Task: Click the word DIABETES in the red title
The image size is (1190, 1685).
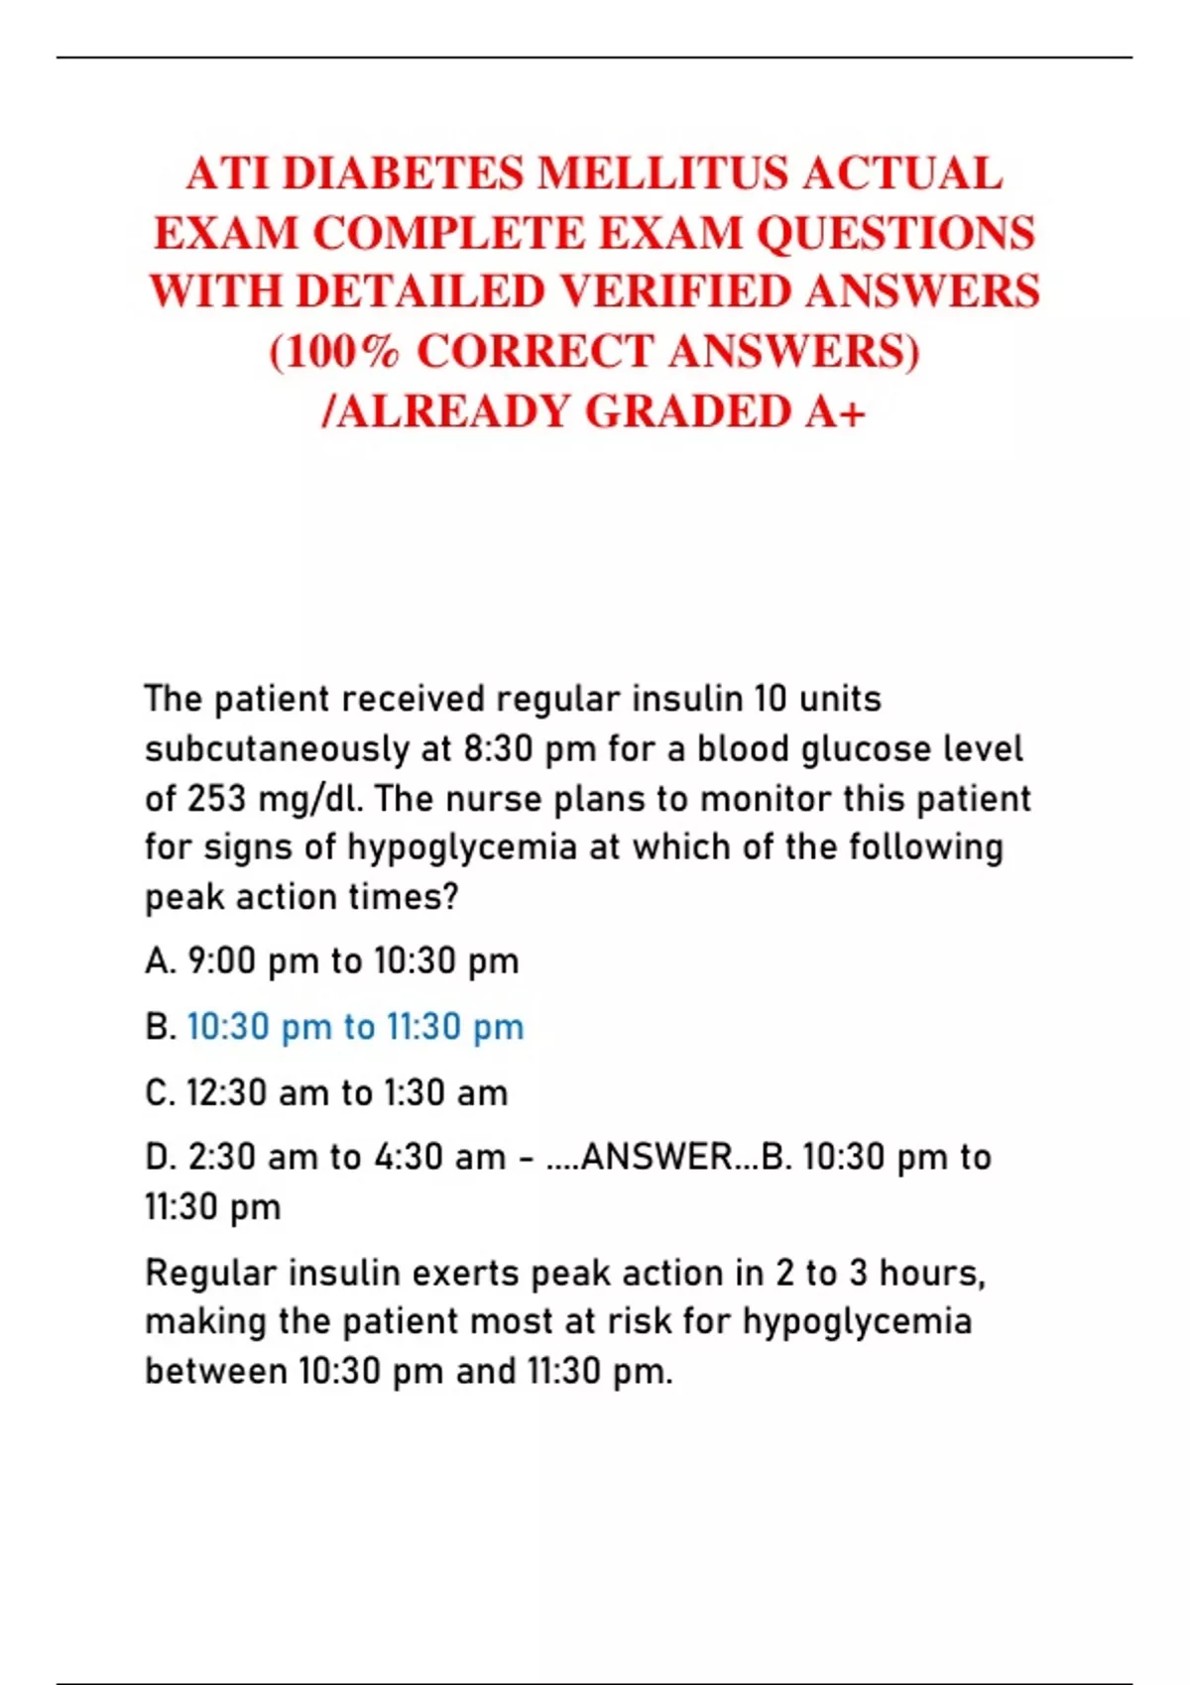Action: (403, 174)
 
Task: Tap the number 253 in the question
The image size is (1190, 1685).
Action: (217, 799)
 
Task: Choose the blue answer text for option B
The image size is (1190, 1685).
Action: (355, 1027)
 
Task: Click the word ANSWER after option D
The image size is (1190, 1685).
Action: (656, 1158)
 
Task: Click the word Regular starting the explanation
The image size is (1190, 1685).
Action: (210, 1274)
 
